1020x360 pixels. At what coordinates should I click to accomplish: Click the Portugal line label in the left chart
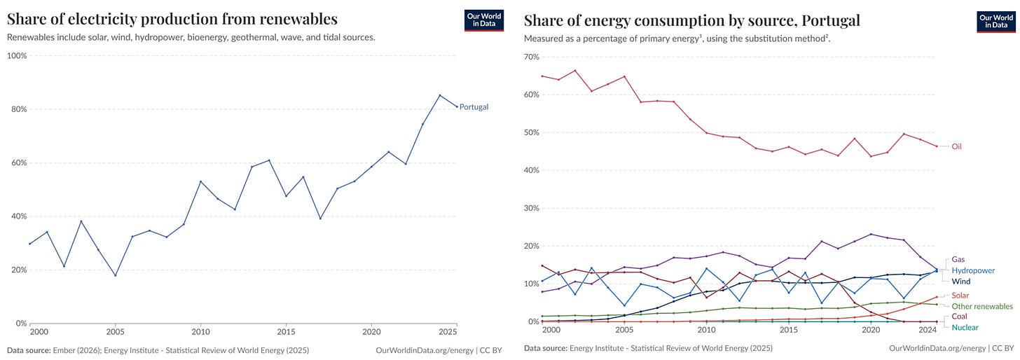tap(474, 107)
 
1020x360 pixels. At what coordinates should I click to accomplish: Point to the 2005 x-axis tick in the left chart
tap(116, 331)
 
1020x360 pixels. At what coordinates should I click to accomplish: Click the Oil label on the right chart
tap(956, 146)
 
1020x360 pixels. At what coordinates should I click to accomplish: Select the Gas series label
tap(958, 259)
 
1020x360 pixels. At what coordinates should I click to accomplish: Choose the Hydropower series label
tap(973, 270)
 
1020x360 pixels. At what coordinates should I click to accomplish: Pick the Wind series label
tap(961, 281)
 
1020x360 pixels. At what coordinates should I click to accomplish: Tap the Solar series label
tap(960, 296)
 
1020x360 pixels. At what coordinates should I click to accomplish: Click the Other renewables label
tap(982, 307)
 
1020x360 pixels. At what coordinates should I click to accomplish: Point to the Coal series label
tap(960, 317)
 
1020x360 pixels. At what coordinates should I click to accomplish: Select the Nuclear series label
tap(965, 327)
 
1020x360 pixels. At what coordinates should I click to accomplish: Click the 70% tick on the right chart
tap(532, 57)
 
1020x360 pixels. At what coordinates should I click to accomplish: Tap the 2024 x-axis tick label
tap(928, 330)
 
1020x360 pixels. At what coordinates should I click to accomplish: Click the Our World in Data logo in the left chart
tap(484, 20)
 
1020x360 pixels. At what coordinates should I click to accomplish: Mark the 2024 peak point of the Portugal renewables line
tap(440, 95)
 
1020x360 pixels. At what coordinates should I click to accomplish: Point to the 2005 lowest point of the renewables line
tap(116, 275)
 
